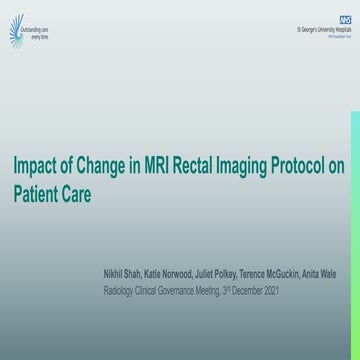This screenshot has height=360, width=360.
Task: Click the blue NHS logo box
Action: click(344, 20)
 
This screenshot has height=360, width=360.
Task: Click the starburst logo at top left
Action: click(15, 34)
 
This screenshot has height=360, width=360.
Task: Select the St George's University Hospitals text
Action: click(323, 30)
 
